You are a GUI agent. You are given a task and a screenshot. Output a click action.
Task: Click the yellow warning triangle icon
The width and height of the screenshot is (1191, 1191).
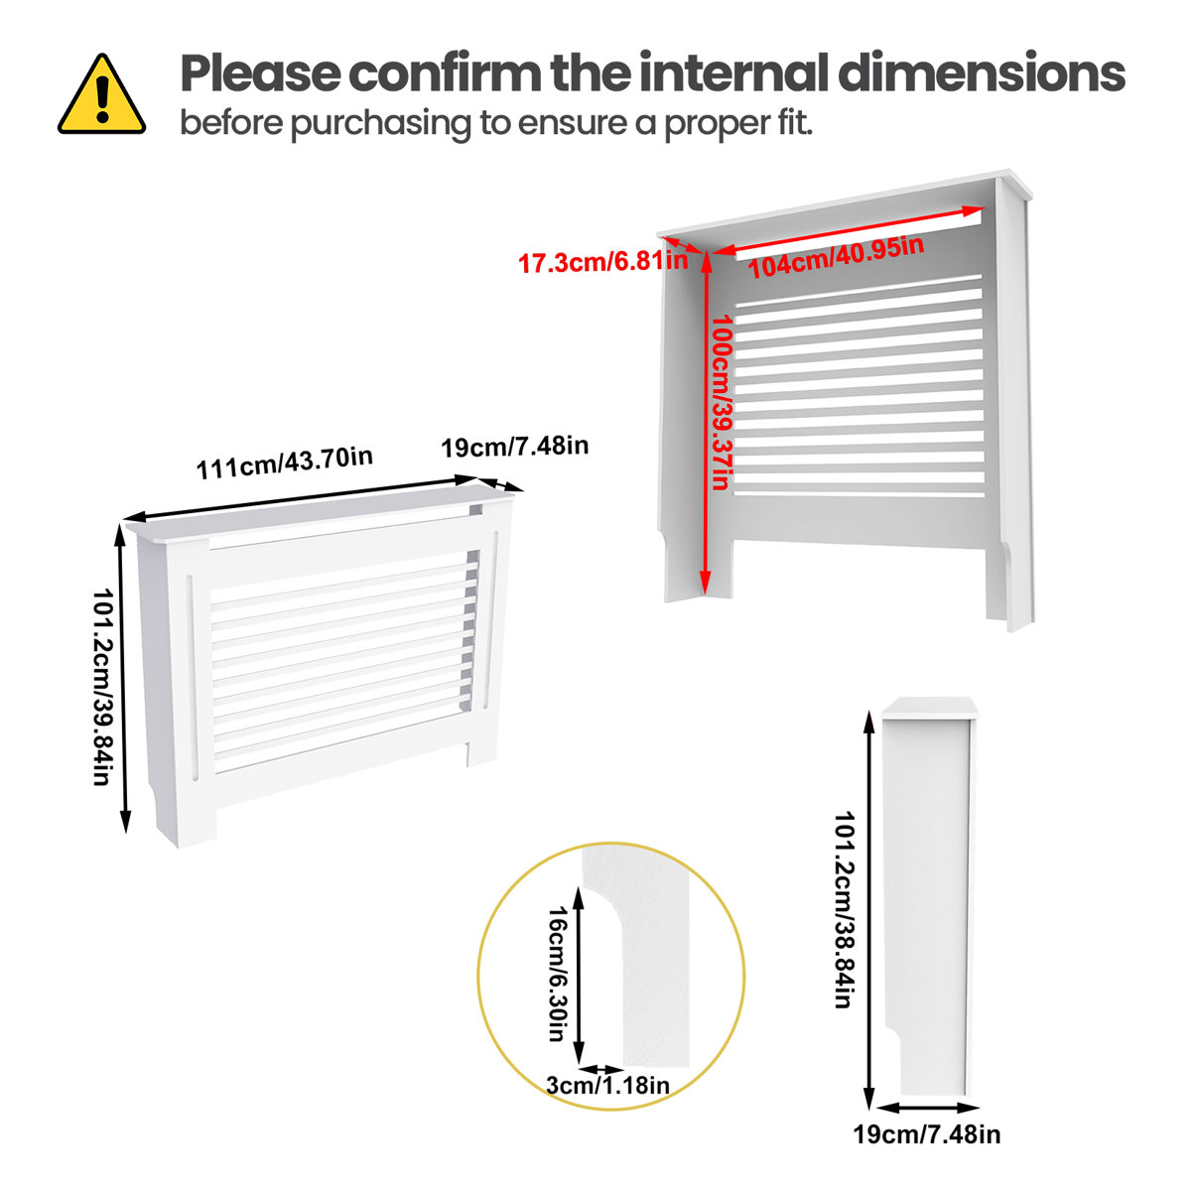(101, 96)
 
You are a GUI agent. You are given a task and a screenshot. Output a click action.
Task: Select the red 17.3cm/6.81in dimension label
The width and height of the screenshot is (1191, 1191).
(602, 262)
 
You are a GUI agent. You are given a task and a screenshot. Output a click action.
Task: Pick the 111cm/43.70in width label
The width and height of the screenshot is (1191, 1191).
(284, 463)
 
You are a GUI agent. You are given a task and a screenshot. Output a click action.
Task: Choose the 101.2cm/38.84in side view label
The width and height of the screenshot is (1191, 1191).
(843, 909)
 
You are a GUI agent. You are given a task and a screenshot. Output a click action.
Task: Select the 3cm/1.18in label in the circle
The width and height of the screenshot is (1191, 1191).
(607, 1085)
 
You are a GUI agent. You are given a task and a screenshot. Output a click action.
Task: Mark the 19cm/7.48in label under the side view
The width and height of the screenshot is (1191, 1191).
(926, 1133)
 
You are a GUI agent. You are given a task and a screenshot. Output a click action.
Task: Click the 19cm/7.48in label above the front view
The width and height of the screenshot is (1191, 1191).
(514, 447)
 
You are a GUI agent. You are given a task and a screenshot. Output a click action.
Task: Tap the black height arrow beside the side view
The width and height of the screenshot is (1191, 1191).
(869, 909)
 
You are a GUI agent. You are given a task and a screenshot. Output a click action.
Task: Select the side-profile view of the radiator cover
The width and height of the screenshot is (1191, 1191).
(929, 893)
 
